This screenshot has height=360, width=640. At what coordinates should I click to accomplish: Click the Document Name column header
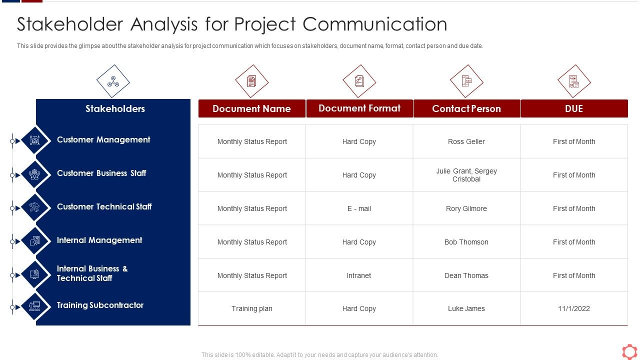pos(251,108)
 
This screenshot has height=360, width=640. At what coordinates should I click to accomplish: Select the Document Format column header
pos(359,108)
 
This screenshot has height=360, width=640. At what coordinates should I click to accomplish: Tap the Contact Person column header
pos(466,108)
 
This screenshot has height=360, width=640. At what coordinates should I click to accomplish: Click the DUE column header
pos(573,108)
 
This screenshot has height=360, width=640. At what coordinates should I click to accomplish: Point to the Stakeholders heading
pos(115,108)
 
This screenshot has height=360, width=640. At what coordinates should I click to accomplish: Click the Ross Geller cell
pos(466,141)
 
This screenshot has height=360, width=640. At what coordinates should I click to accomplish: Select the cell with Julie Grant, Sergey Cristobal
pos(466,175)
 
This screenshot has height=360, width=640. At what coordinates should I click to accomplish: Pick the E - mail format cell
pos(359,208)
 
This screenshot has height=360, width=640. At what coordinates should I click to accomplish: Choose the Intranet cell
pos(359,275)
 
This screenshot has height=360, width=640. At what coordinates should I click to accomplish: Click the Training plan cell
pos(251,308)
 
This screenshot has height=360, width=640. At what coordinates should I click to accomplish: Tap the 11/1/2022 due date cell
pos(573,308)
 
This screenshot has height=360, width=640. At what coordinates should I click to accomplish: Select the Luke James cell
pos(466,308)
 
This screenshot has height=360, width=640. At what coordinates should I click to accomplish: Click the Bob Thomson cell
pos(466,242)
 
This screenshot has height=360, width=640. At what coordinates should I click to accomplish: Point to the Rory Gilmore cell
pos(466,208)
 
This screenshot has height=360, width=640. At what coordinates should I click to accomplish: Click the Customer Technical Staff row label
pos(104,206)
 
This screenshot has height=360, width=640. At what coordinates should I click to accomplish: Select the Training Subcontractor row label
pos(100,305)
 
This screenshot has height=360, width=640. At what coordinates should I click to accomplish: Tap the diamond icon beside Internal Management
pos(34,241)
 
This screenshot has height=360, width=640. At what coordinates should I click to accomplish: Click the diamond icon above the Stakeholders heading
pos(113,81)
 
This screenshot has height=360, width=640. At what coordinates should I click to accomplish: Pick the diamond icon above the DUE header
pos(573,81)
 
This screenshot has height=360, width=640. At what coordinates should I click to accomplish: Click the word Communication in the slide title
pos(375,24)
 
